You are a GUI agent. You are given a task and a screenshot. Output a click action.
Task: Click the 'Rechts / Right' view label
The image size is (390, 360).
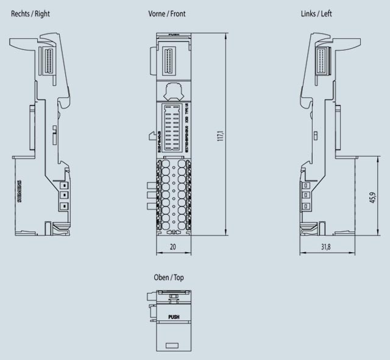pos(30,13)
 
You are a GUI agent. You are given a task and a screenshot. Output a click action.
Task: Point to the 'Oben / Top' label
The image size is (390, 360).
pos(169,277)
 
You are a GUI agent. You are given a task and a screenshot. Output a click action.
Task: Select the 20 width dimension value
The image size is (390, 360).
pos(172,247)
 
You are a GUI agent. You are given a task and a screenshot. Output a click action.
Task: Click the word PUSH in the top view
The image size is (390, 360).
pos(173,317)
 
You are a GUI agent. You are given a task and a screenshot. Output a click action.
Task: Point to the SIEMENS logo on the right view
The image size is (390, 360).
pos(19,192)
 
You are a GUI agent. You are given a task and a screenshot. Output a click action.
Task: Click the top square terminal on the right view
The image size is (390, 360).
pos(63,185)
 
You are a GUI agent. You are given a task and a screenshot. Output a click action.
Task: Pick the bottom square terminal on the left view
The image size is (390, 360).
pos(306,206)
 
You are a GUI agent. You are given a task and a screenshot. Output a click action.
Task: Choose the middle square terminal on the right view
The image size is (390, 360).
pos(63,196)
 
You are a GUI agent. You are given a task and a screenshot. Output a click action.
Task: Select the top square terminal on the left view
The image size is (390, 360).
pos(306,185)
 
